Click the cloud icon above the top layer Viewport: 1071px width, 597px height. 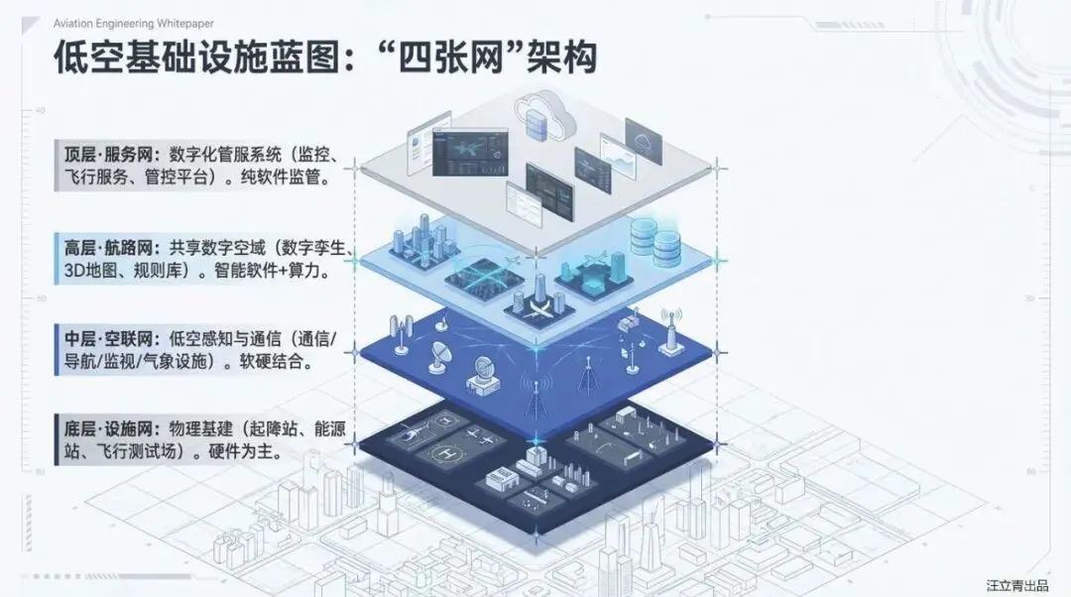(543, 115)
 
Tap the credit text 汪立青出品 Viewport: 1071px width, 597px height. (1016, 585)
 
